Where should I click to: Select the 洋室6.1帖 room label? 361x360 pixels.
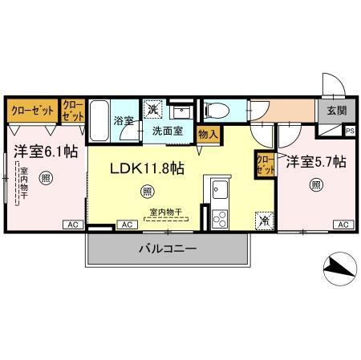(44, 150)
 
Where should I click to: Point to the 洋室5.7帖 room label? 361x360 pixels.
(317, 162)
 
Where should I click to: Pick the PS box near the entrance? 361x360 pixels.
(349, 130)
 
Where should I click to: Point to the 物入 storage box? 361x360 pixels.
(206, 136)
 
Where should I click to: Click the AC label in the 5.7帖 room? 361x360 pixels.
(343, 224)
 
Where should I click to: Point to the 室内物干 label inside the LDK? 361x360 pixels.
(165, 212)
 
